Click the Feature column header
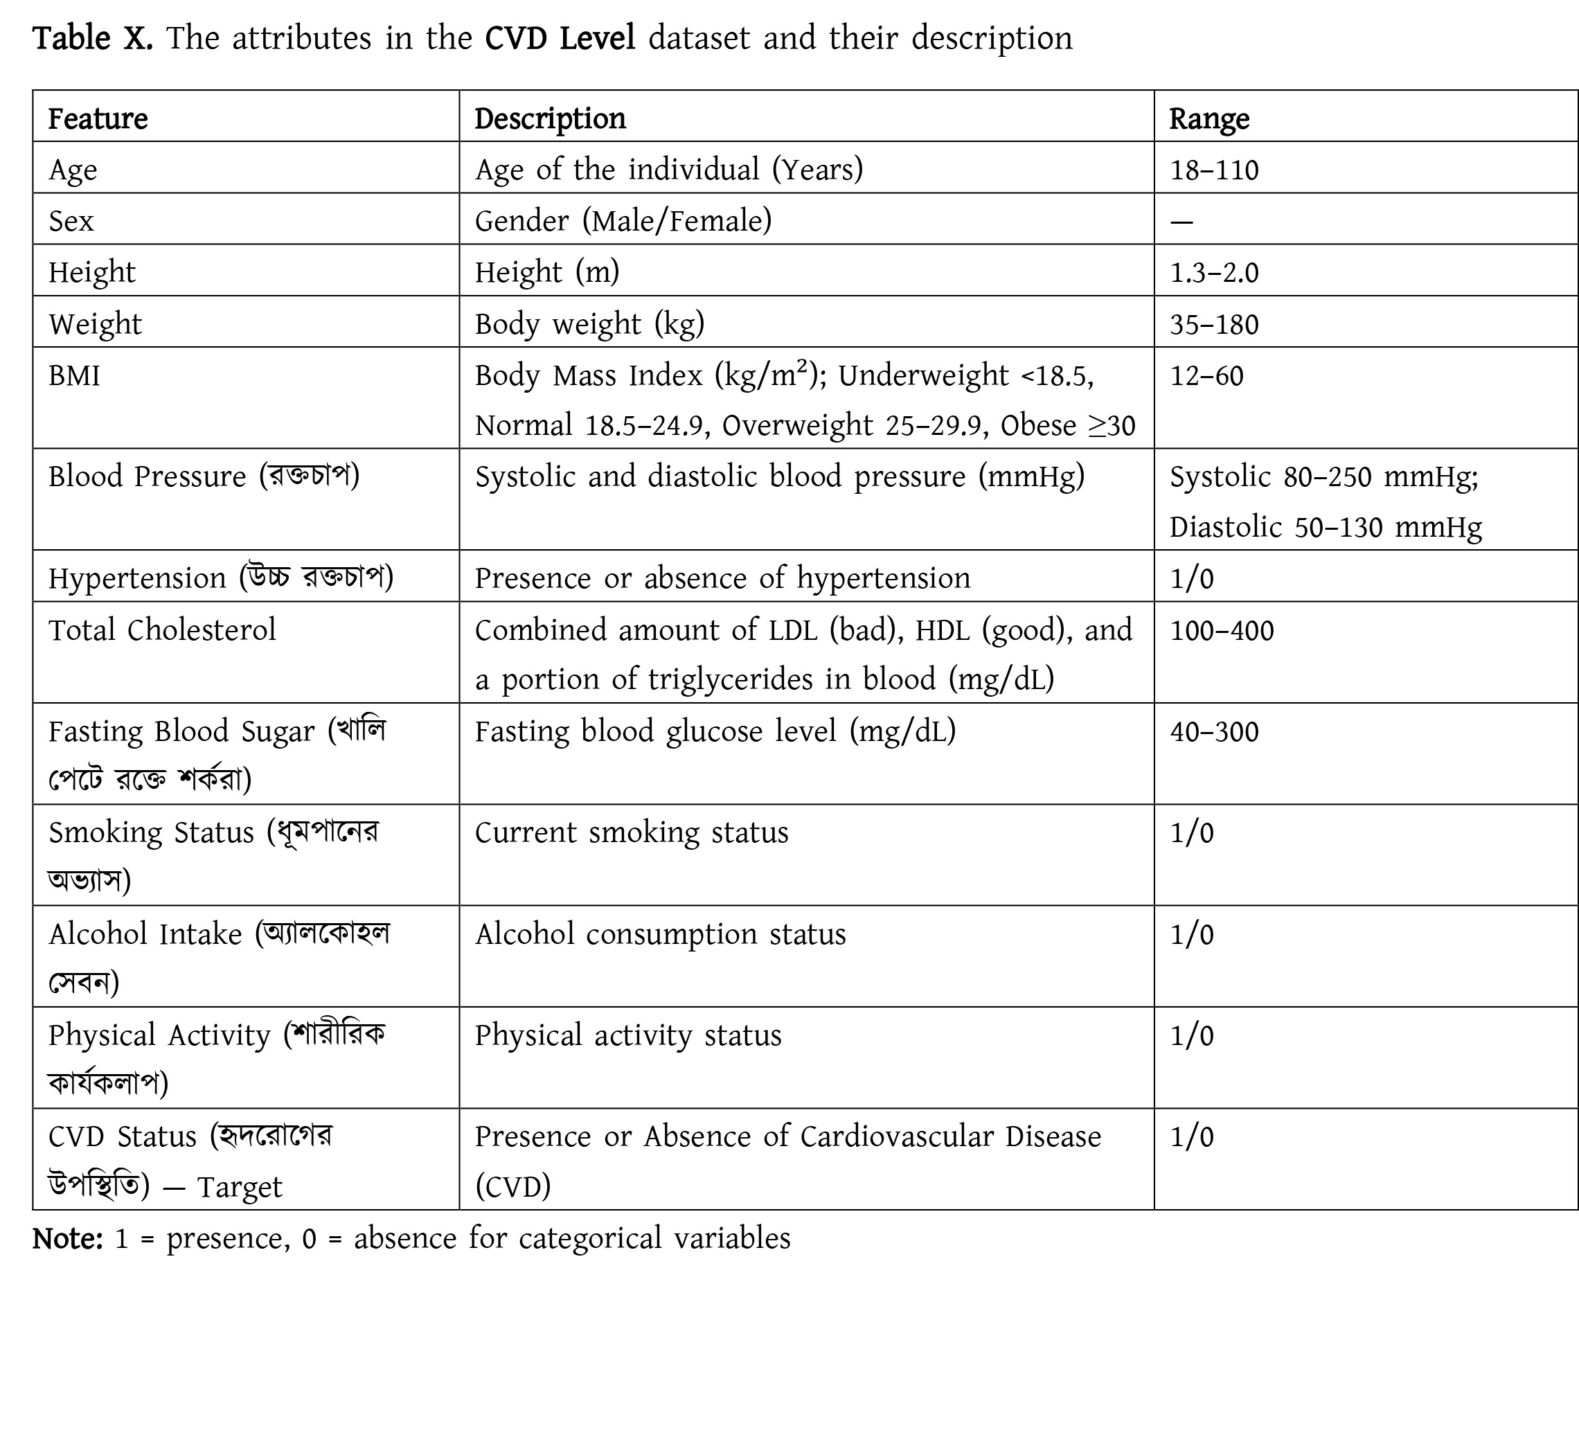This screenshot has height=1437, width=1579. pyautogui.click(x=98, y=119)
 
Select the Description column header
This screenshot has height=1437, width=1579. pyautogui.click(x=550, y=119)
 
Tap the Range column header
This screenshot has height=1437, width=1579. pyautogui.click(x=1208, y=119)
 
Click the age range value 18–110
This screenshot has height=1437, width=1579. pyautogui.click(x=1214, y=170)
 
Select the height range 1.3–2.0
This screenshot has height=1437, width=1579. pyautogui.click(x=1214, y=274)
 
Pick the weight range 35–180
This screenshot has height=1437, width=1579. pyautogui.click(x=1214, y=324)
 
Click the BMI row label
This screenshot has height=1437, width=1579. pyautogui.click(x=74, y=376)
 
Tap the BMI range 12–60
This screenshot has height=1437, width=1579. pyautogui.click(x=1206, y=376)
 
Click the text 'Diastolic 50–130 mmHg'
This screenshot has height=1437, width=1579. pyautogui.click(x=1326, y=528)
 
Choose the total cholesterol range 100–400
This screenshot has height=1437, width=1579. pyautogui.click(x=1222, y=630)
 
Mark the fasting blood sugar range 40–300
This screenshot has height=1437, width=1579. pyautogui.click(x=1214, y=731)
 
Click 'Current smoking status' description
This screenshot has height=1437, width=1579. pyautogui.click(x=632, y=832)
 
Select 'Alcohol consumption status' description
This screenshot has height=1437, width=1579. pyautogui.click(x=660, y=934)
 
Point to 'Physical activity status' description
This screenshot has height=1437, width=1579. pyautogui.click(x=628, y=1035)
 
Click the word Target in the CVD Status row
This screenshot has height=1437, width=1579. pyautogui.click(x=239, y=1187)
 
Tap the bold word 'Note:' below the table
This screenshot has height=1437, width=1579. pyautogui.click(x=67, y=1238)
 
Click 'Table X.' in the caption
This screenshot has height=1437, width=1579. pyautogui.click(x=92, y=37)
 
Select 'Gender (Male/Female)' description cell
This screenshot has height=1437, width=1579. pyautogui.click(x=623, y=222)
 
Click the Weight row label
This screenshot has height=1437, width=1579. pyautogui.click(x=96, y=324)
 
